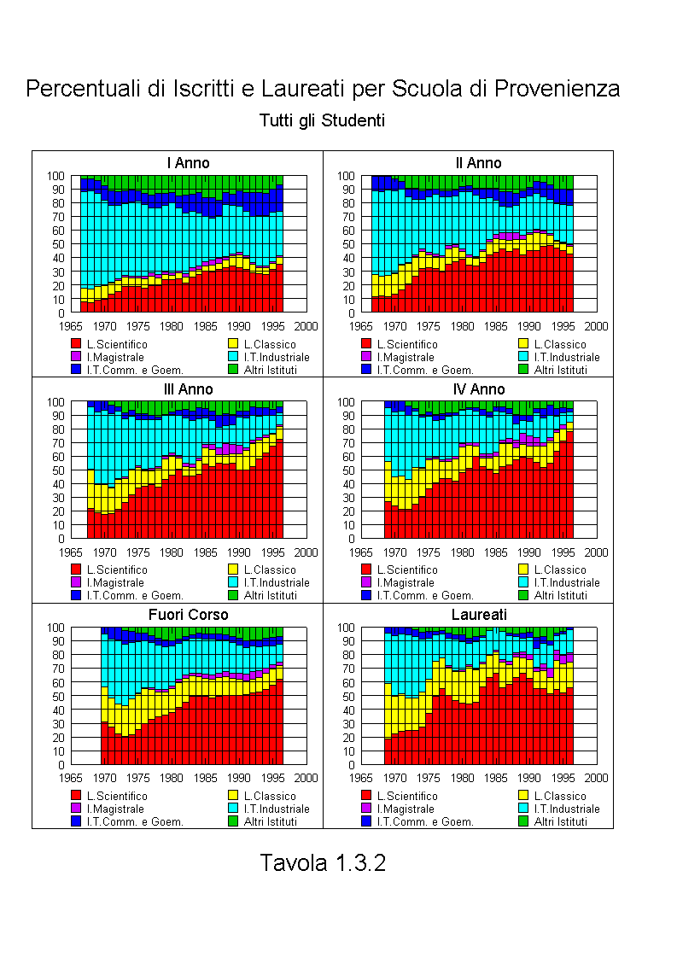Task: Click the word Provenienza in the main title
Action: (557, 89)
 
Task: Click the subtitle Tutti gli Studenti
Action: (322, 120)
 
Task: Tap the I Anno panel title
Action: (188, 163)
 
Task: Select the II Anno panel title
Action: (478, 163)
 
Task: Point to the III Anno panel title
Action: (188, 389)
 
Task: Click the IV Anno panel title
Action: (479, 389)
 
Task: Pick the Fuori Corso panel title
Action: (188, 615)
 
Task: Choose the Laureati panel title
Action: (479, 615)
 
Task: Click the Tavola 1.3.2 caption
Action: (323, 862)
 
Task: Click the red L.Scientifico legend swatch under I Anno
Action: (76, 344)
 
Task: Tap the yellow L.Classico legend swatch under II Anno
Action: (523, 344)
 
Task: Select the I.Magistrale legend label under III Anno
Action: (115, 583)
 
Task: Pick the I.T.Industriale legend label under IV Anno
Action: (567, 583)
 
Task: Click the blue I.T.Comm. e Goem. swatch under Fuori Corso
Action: (76, 821)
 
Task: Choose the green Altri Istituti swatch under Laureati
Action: (523, 821)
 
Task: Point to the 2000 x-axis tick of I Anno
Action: (306, 326)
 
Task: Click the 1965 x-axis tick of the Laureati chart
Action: (361, 778)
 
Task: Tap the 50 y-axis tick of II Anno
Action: (347, 244)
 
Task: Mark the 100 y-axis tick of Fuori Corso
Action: (55, 628)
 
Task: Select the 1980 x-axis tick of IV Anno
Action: (462, 552)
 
